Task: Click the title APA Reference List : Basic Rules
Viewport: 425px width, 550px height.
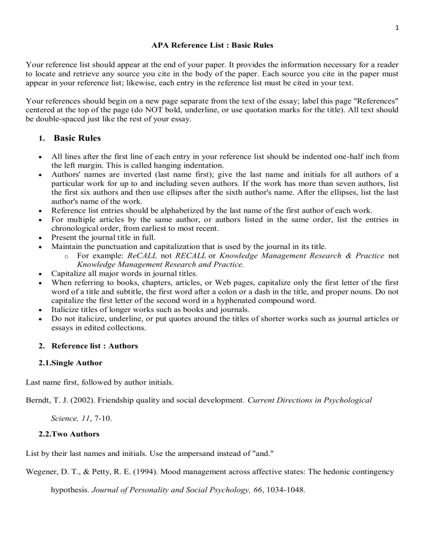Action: [212, 45]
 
